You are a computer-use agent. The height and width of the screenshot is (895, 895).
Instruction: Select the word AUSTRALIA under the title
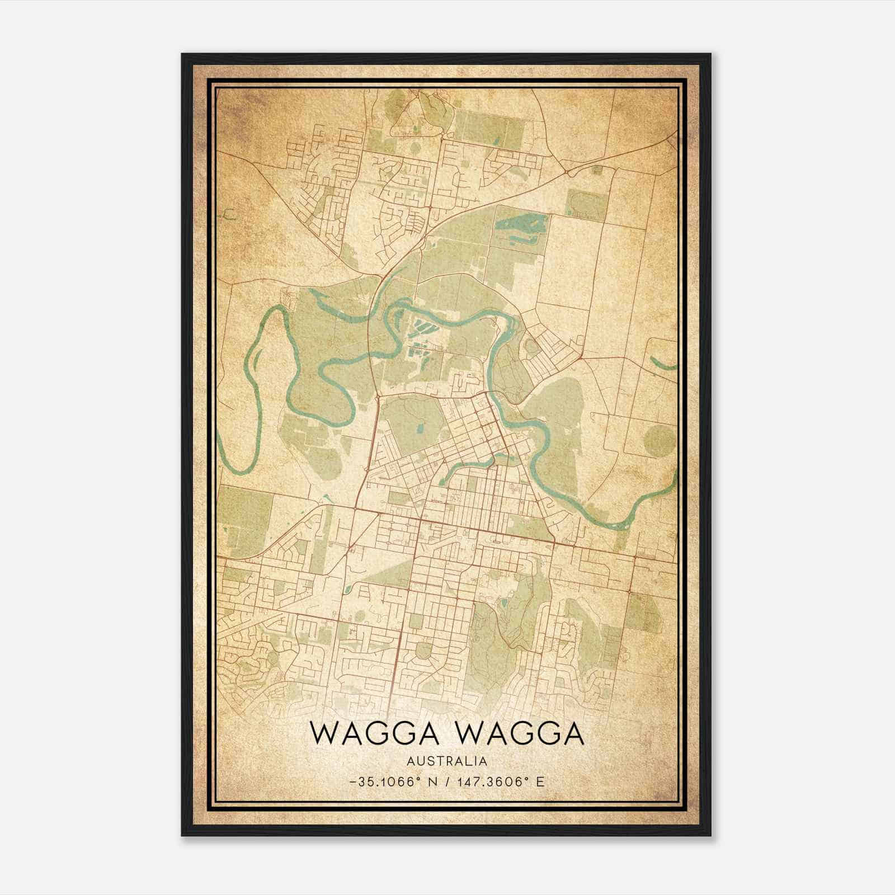(447, 761)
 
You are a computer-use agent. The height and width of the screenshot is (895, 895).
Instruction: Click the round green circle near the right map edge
(659, 441)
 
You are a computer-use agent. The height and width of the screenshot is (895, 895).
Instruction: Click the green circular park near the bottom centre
(423, 651)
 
